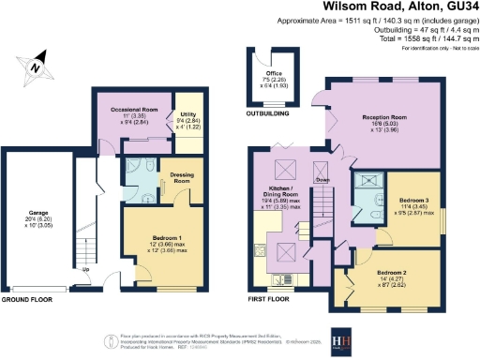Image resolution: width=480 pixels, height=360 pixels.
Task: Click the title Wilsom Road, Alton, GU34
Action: [394, 8]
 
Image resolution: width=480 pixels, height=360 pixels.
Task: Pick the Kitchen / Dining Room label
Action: [280, 192]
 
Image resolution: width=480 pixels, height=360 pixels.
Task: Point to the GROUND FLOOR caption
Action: [26, 299]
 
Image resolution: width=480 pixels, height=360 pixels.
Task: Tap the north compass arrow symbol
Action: [34, 67]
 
